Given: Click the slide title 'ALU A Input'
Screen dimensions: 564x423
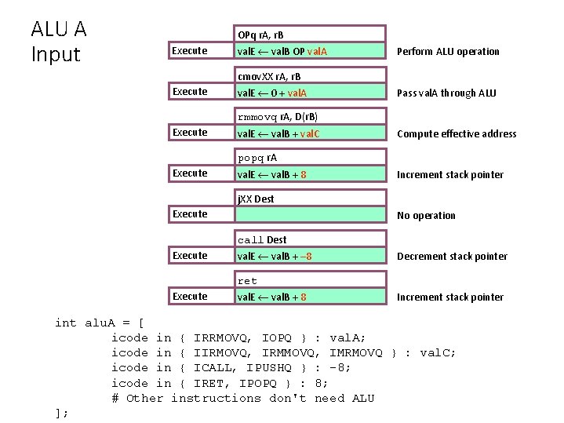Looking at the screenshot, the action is [x=58, y=42].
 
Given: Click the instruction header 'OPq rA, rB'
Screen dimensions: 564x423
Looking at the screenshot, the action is [x=260, y=35].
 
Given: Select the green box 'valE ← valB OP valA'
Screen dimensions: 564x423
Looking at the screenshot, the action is [x=311, y=52].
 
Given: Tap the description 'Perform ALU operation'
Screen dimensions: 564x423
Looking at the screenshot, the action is [x=448, y=52].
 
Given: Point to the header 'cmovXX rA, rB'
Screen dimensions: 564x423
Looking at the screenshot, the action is [x=269, y=77].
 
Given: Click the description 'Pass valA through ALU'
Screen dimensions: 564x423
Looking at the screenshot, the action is [x=448, y=93].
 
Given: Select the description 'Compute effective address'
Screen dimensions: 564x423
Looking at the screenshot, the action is [x=457, y=133].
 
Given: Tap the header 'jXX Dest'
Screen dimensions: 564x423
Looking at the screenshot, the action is [x=256, y=199].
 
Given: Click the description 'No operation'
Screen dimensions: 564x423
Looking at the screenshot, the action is [x=426, y=215].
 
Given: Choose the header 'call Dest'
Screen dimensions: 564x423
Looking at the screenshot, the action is [x=262, y=239].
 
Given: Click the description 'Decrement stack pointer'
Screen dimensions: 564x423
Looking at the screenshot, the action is [x=452, y=256].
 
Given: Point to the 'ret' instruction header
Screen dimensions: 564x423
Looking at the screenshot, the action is [x=247, y=280].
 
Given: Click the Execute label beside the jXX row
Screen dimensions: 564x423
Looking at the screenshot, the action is [x=190, y=213].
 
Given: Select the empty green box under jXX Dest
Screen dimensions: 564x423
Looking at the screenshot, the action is [x=311, y=215].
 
